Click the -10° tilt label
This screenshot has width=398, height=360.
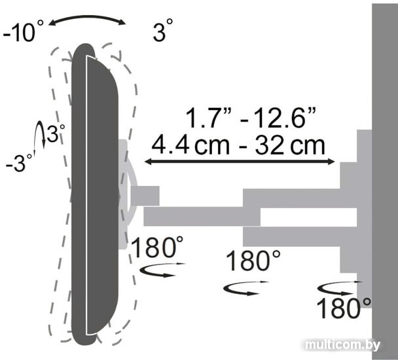(x=23, y=31)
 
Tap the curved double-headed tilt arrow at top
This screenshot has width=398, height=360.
(x=87, y=18)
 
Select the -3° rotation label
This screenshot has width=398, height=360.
(x=19, y=162)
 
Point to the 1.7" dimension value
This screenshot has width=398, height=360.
(x=208, y=117)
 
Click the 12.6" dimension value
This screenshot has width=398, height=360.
(x=279, y=117)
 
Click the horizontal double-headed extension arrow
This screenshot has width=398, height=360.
(x=240, y=162)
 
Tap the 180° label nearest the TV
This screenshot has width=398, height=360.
(x=157, y=247)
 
